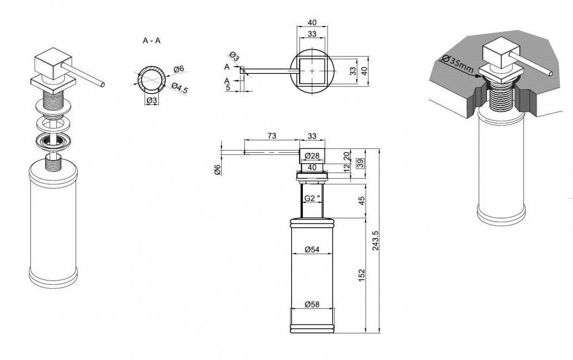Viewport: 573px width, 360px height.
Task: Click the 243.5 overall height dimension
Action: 376,240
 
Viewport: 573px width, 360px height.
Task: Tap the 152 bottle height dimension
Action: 361,275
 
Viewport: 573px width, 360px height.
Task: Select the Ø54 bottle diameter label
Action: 312,249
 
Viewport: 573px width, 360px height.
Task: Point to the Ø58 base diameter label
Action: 312,304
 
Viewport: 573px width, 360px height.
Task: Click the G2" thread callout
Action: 313,198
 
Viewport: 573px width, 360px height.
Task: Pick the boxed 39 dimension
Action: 361,163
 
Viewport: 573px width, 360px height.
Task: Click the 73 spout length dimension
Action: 271,136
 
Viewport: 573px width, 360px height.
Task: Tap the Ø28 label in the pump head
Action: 312,155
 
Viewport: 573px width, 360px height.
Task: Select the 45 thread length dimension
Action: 361,201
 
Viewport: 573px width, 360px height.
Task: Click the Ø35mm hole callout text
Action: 457,64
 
